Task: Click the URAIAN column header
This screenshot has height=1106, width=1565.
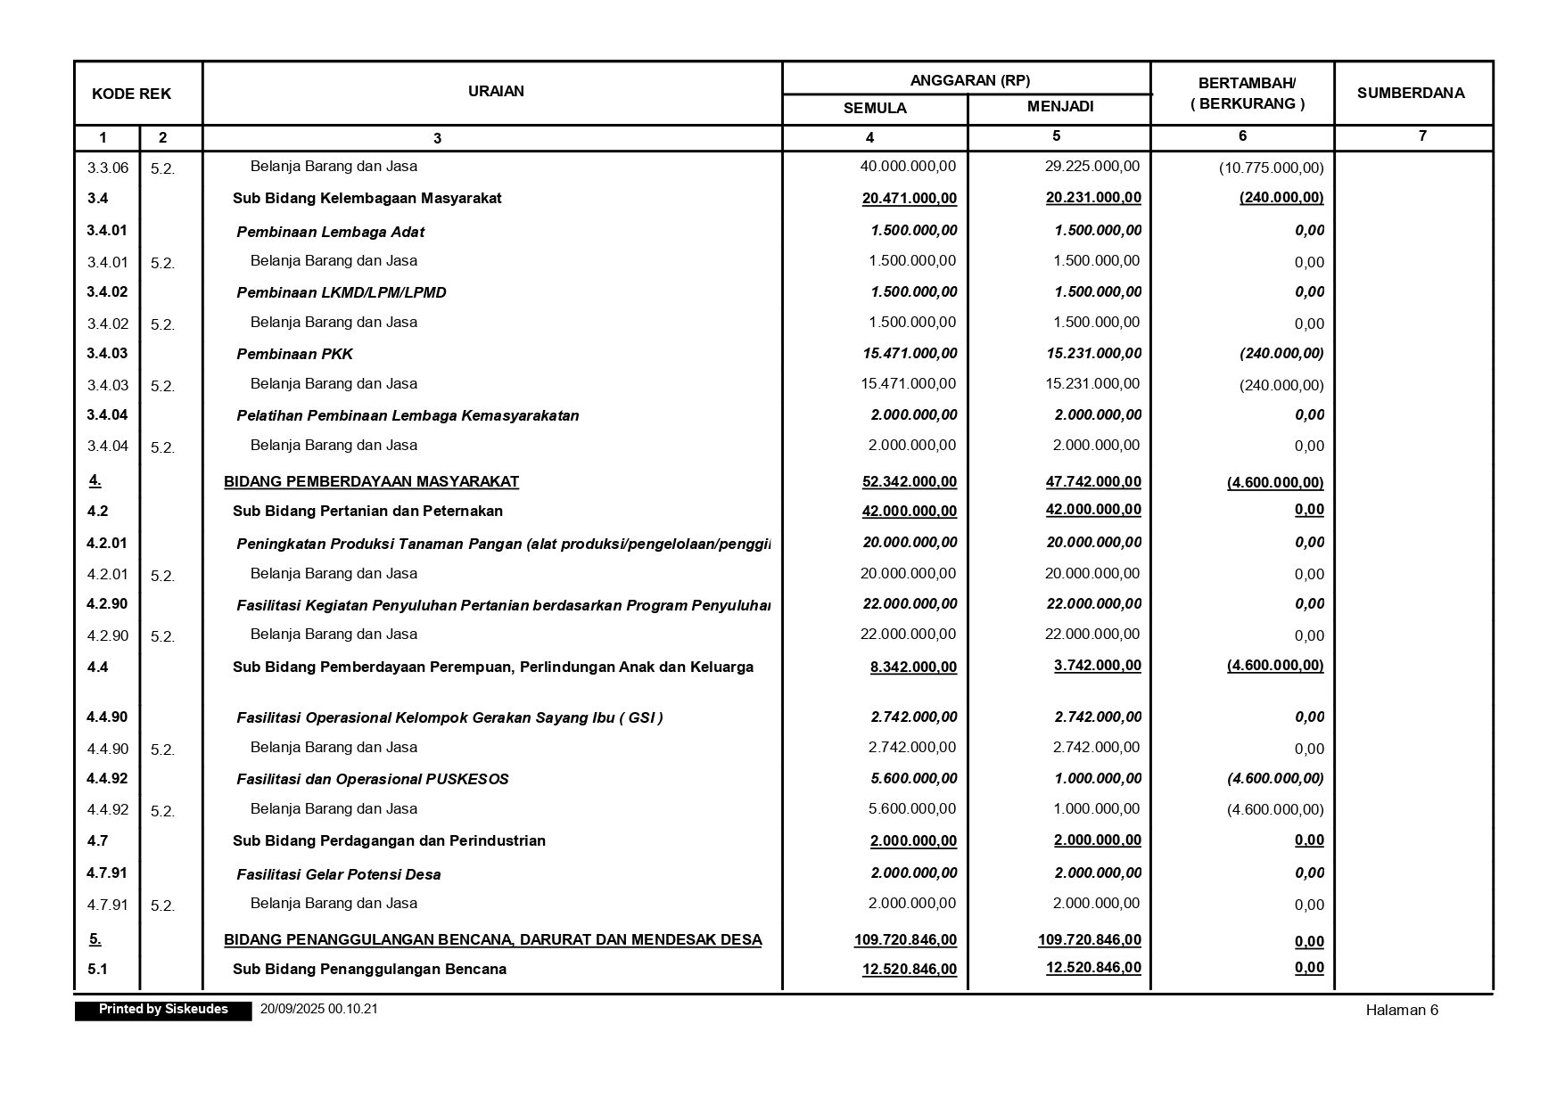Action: coord(496,91)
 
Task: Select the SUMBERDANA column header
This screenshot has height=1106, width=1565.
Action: coord(1410,93)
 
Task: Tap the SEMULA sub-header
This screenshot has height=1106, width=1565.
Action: coord(874,108)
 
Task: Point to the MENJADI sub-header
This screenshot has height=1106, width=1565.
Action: coord(1059,107)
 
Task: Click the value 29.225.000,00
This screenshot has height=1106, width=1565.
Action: coord(1091,166)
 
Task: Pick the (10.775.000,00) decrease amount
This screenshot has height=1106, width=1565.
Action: coord(1271,168)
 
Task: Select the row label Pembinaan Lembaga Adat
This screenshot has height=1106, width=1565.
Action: coord(330,232)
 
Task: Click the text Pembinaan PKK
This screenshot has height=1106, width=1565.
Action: coord(294,354)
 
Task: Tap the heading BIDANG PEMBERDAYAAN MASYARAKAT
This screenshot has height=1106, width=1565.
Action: coord(371,481)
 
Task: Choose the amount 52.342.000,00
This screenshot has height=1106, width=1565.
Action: coord(909,481)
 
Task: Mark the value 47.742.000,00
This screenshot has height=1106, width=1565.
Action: coord(1092,481)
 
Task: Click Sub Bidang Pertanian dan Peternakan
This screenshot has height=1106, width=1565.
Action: coord(367,511)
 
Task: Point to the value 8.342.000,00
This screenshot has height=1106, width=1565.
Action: coord(913,667)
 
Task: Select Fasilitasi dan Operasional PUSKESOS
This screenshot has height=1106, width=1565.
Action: coord(372,779)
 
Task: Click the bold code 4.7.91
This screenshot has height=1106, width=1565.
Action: coord(107,873)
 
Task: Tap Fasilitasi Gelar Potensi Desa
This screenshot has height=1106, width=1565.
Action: coord(338,874)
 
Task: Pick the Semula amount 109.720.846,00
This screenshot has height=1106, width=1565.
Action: coord(905,939)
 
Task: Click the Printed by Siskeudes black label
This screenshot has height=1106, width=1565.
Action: coord(163,1010)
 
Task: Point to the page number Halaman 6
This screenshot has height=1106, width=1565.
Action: coord(1401,1010)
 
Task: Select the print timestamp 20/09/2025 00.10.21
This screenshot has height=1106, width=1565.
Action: coord(318,1009)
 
